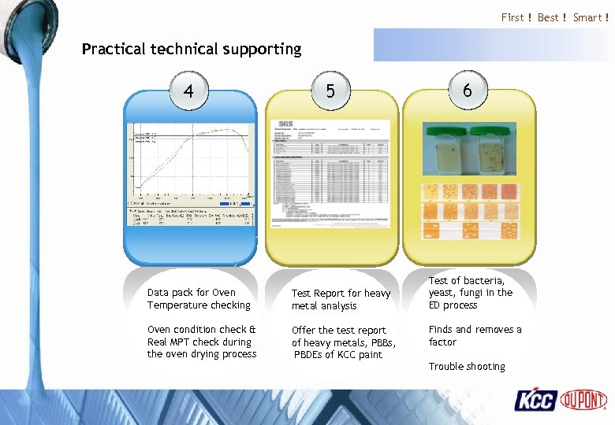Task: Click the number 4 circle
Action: pyautogui.click(x=188, y=91)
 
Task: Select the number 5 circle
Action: pyautogui.click(x=330, y=91)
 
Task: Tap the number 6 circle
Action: pyautogui.click(x=468, y=91)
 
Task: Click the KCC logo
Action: pyautogui.click(x=536, y=400)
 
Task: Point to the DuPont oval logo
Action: pyautogui.click(x=583, y=400)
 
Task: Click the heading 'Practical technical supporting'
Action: pyautogui.click(x=192, y=49)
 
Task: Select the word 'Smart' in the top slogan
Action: pyautogui.click(x=587, y=17)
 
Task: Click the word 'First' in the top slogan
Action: pyautogui.click(x=512, y=17)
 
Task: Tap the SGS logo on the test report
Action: pyautogui.click(x=285, y=124)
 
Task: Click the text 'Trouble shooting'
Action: pyautogui.click(x=467, y=367)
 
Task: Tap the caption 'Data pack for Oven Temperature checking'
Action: pyautogui.click(x=199, y=299)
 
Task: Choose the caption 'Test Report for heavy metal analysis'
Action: pyautogui.click(x=341, y=300)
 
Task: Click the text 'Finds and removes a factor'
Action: pyautogui.click(x=475, y=336)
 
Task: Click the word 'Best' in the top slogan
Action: pyautogui.click(x=548, y=17)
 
